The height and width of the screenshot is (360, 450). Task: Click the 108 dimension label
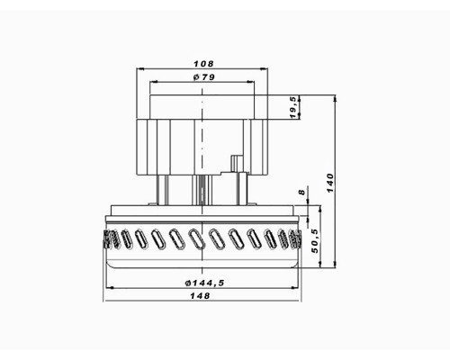click(x=203, y=64)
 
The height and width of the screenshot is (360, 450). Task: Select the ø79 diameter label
click(x=204, y=77)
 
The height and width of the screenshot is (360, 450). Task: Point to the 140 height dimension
click(x=329, y=183)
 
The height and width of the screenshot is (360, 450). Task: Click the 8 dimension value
click(x=301, y=192)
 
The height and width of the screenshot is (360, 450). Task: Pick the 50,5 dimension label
click(x=315, y=241)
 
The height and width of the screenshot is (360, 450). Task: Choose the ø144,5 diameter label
click(x=205, y=283)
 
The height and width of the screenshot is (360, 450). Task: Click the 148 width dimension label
click(x=200, y=296)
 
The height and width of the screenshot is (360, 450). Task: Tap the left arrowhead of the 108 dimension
click(x=140, y=69)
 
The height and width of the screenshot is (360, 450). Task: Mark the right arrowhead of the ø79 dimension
click(x=251, y=82)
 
